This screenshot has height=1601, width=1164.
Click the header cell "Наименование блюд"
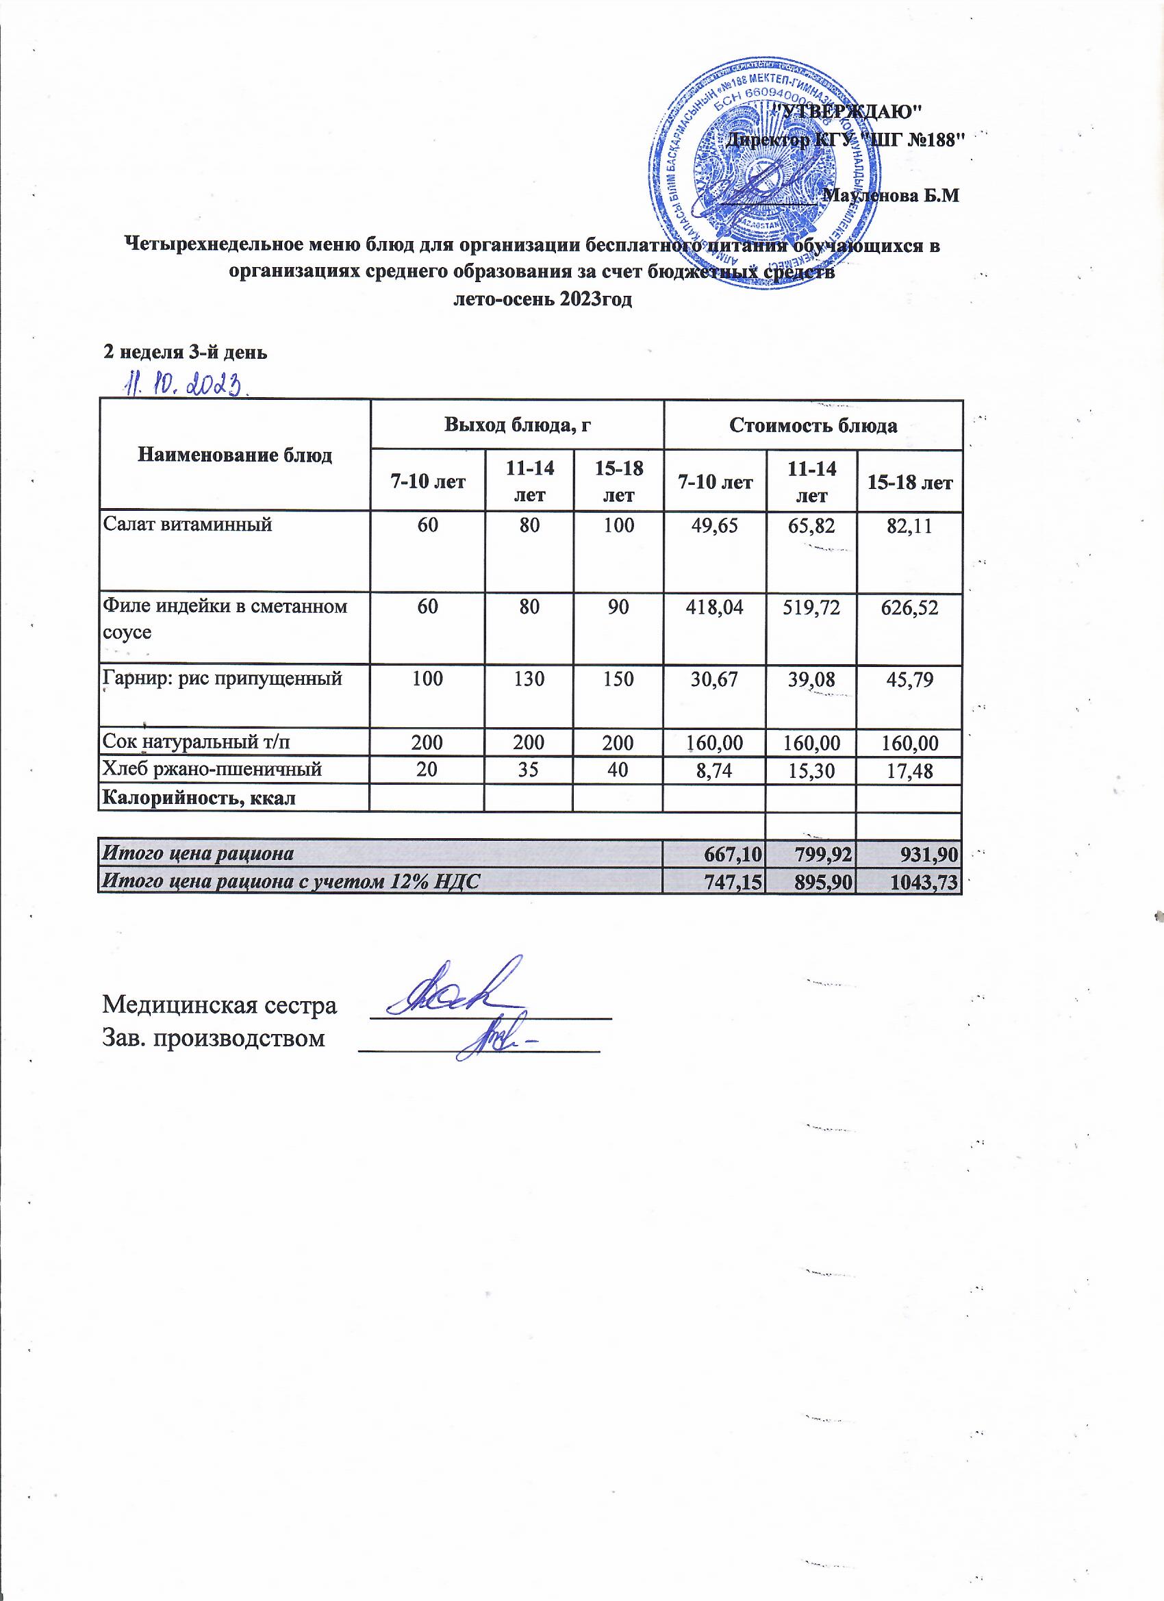tap(234, 455)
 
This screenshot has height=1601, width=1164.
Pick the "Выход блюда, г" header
tap(517, 425)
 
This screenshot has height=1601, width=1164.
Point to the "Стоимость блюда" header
tap(813, 426)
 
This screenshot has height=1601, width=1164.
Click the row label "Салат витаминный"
tap(188, 524)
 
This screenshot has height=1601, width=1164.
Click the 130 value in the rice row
tap(529, 679)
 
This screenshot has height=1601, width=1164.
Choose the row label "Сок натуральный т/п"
tap(197, 742)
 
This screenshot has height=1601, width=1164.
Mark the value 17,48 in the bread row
tap(909, 772)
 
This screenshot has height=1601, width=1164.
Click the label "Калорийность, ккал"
tap(199, 798)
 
